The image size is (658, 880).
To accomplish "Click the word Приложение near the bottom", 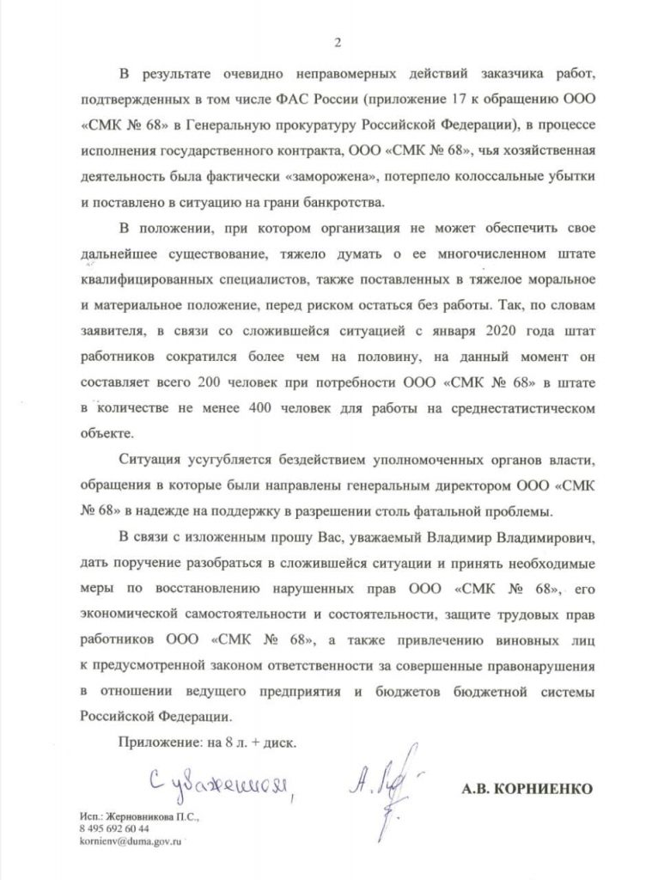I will tap(158, 743).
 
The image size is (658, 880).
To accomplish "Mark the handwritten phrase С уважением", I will tap(228, 781).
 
